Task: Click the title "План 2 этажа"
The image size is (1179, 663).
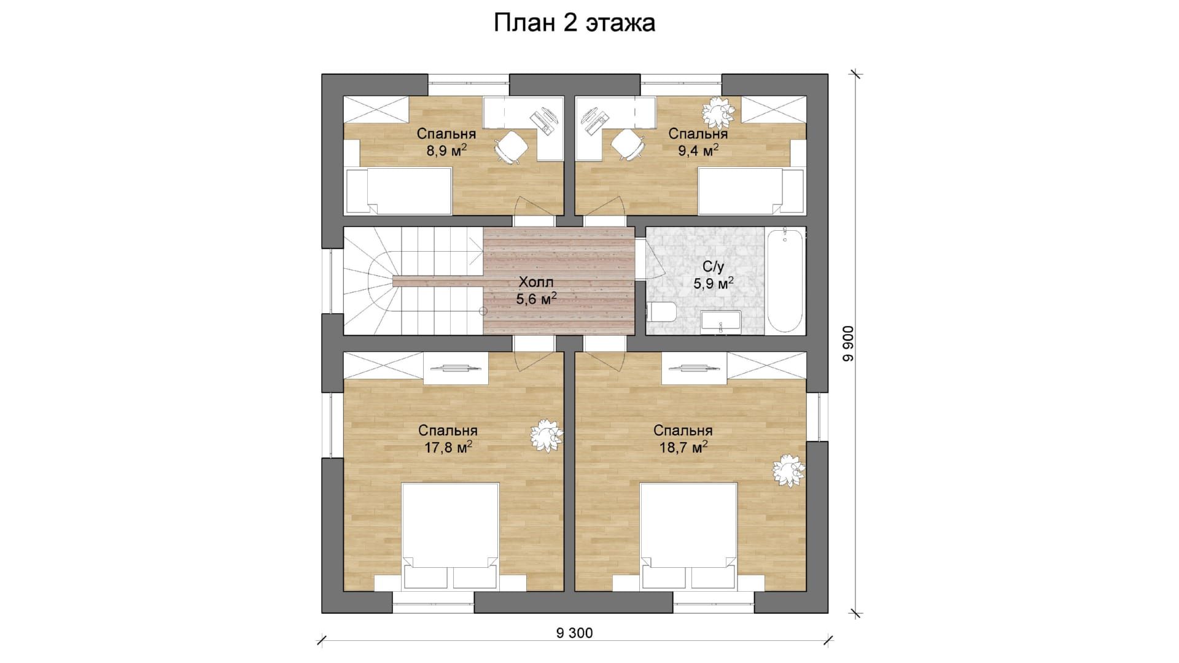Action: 575,23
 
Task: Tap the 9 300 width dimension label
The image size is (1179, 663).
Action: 575,633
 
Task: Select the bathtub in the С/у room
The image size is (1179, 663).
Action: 785,281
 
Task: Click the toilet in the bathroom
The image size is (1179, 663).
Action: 661,312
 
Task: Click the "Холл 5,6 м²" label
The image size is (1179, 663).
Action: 536,291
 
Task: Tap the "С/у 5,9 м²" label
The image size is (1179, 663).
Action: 714,275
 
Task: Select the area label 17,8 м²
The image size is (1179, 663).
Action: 448,447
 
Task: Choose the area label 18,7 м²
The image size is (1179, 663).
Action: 683,447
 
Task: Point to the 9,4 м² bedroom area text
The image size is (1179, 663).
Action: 698,150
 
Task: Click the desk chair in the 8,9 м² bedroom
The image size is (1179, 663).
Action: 511,147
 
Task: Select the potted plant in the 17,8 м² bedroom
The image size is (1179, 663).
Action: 546,435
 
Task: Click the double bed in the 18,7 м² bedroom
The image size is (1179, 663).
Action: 688,537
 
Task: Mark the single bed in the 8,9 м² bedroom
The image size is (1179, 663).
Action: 399,192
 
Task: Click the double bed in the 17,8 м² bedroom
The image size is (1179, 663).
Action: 450,537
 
